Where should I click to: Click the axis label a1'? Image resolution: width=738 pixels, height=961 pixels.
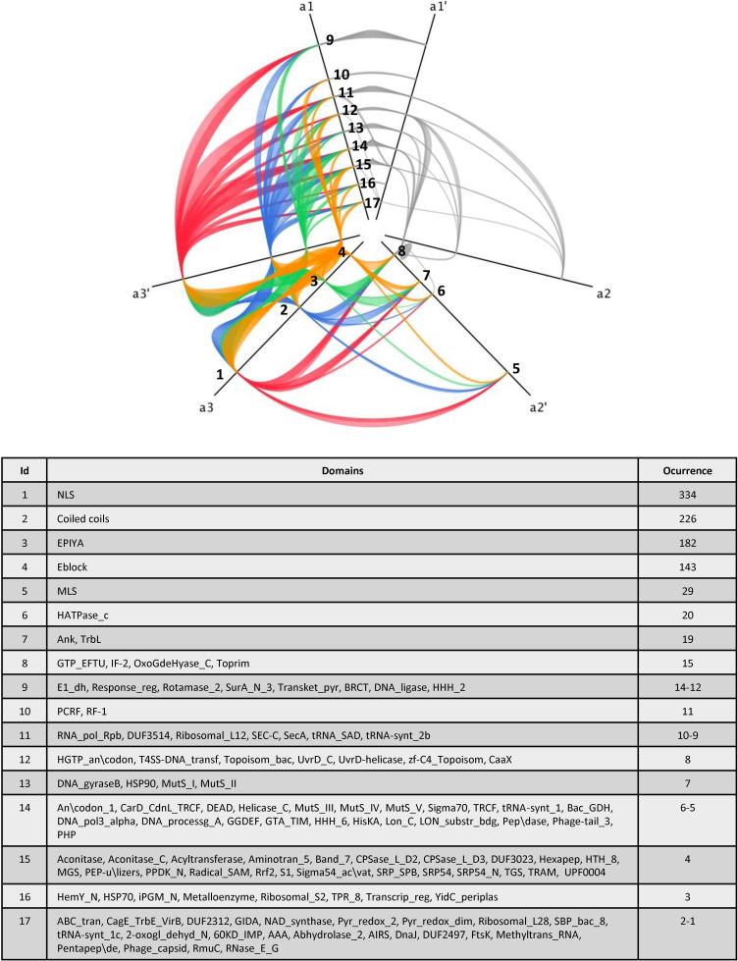[x=438, y=8]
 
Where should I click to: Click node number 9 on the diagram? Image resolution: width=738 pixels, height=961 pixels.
[x=331, y=40]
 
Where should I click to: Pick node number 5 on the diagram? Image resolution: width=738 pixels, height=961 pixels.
[x=515, y=370]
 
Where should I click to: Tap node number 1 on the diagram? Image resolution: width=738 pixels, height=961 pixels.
[x=221, y=374]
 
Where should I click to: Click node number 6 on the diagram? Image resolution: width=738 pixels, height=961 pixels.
[x=441, y=292]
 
